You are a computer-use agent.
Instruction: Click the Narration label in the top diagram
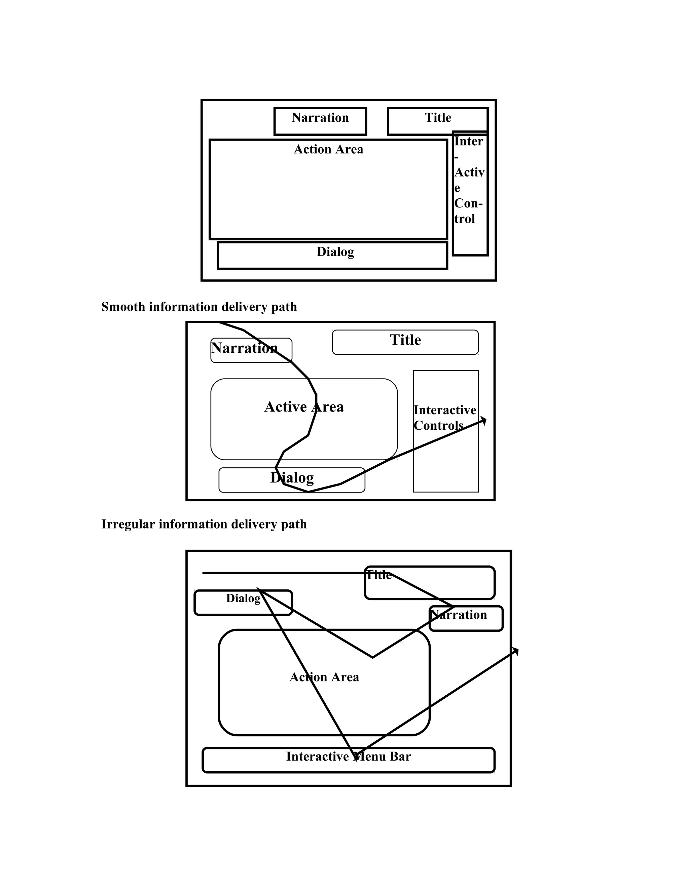click(x=320, y=118)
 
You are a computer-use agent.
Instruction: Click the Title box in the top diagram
click(x=438, y=121)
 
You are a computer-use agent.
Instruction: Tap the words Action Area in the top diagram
click(x=328, y=149)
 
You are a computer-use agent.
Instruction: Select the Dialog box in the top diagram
click(x=332, y=256)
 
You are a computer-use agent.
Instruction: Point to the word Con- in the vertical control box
click(x=468, y=203)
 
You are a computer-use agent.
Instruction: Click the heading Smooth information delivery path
click(x=199, y=307)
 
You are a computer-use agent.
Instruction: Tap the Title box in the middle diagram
click(x=405, y=342)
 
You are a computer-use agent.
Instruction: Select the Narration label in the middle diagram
click(x=244, y=348)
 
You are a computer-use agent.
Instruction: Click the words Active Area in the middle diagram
click(x=304, y=407)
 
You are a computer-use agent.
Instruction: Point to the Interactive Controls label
click(x=444, y=418)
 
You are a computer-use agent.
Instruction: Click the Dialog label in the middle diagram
click(x=292, y=478)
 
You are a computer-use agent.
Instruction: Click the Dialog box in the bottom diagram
click(x=243, y=603)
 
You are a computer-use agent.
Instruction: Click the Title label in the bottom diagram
click(x=378, y=576)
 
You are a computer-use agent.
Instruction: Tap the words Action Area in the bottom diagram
click(x=324, y=677)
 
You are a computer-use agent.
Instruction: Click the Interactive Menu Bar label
click(x=348, y=757)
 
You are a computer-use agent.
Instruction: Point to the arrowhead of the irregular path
click(x=516, y=650)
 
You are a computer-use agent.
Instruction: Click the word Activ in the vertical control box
click(x=469, y=172)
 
